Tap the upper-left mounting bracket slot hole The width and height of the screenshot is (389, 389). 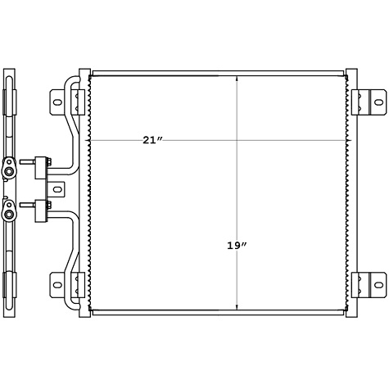pos(58,102)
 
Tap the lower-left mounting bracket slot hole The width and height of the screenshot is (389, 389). pos(58,285)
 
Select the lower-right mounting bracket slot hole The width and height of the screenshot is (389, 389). pos(379,285)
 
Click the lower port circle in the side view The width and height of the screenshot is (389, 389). pos(9,215)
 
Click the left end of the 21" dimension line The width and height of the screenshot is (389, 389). pos(91,140)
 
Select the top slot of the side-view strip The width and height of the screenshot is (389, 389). pos(10,102)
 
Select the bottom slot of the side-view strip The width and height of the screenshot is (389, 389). pos(10,285)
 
